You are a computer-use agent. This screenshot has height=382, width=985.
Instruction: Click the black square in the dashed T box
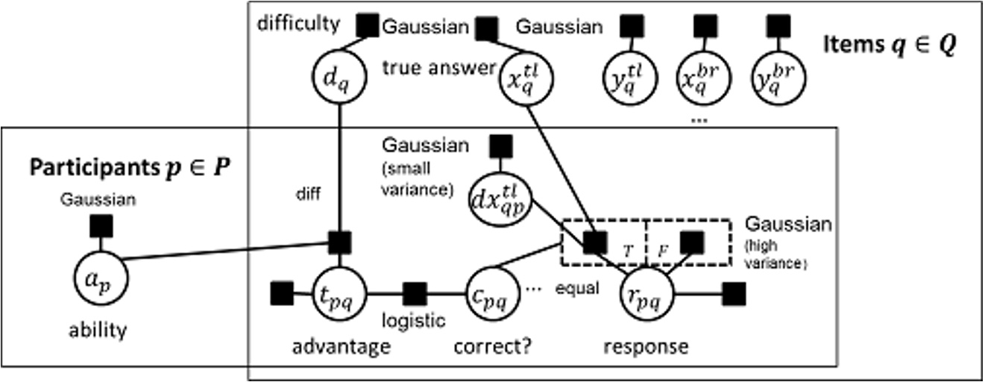[x=594, y=242]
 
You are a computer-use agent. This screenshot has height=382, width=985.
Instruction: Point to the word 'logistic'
[x=414, y=320]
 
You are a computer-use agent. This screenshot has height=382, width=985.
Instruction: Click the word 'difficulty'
[x=298, y=24]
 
